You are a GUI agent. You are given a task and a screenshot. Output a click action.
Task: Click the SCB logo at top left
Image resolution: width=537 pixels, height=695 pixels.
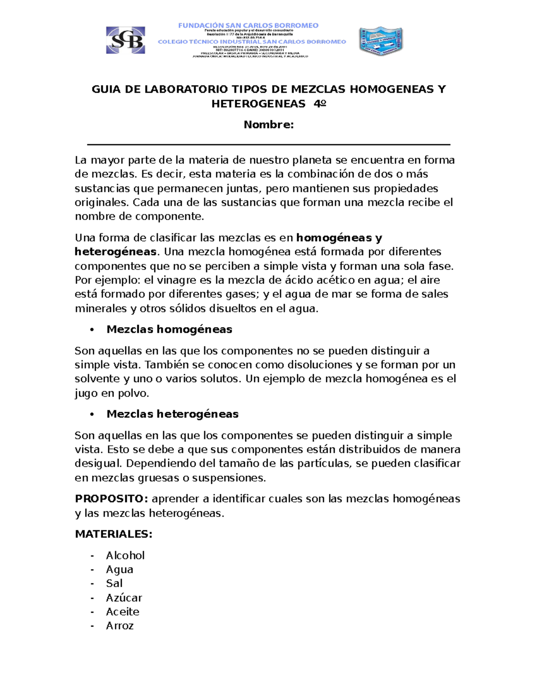coord(125,40)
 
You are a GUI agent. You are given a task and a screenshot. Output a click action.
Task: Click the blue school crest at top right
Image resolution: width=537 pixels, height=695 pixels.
coord(381,41)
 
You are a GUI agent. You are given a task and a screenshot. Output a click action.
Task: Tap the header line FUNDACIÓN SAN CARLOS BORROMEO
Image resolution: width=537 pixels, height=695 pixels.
coord(248,26)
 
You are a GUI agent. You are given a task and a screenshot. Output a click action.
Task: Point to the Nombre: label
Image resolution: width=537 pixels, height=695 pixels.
coord(268,125)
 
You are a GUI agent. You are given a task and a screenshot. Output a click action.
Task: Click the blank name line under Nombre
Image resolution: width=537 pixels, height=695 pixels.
coord(268,145)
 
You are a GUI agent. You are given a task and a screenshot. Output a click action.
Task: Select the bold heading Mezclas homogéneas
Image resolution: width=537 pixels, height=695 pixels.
coord(169,330)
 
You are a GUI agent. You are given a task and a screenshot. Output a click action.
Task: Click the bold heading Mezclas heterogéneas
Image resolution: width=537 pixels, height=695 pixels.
coord(172,414)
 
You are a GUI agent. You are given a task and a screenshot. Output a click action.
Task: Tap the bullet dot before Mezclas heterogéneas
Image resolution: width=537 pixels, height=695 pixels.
coord(92,414)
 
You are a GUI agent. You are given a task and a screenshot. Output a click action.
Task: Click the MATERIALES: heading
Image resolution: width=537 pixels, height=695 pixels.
coord(114,534)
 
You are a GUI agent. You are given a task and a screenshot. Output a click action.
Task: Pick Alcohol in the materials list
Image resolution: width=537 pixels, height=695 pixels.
coord(125,555)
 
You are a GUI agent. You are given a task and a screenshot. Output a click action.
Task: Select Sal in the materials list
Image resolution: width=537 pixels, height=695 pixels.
coord(114,584)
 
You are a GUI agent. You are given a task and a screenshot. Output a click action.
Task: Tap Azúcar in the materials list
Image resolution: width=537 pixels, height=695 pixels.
coord(124,598)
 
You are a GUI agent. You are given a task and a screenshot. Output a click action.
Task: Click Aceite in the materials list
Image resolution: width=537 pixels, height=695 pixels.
coord(123,612)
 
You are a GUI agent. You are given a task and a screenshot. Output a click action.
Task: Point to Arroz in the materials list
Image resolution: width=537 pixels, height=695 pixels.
coord(119,626)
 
